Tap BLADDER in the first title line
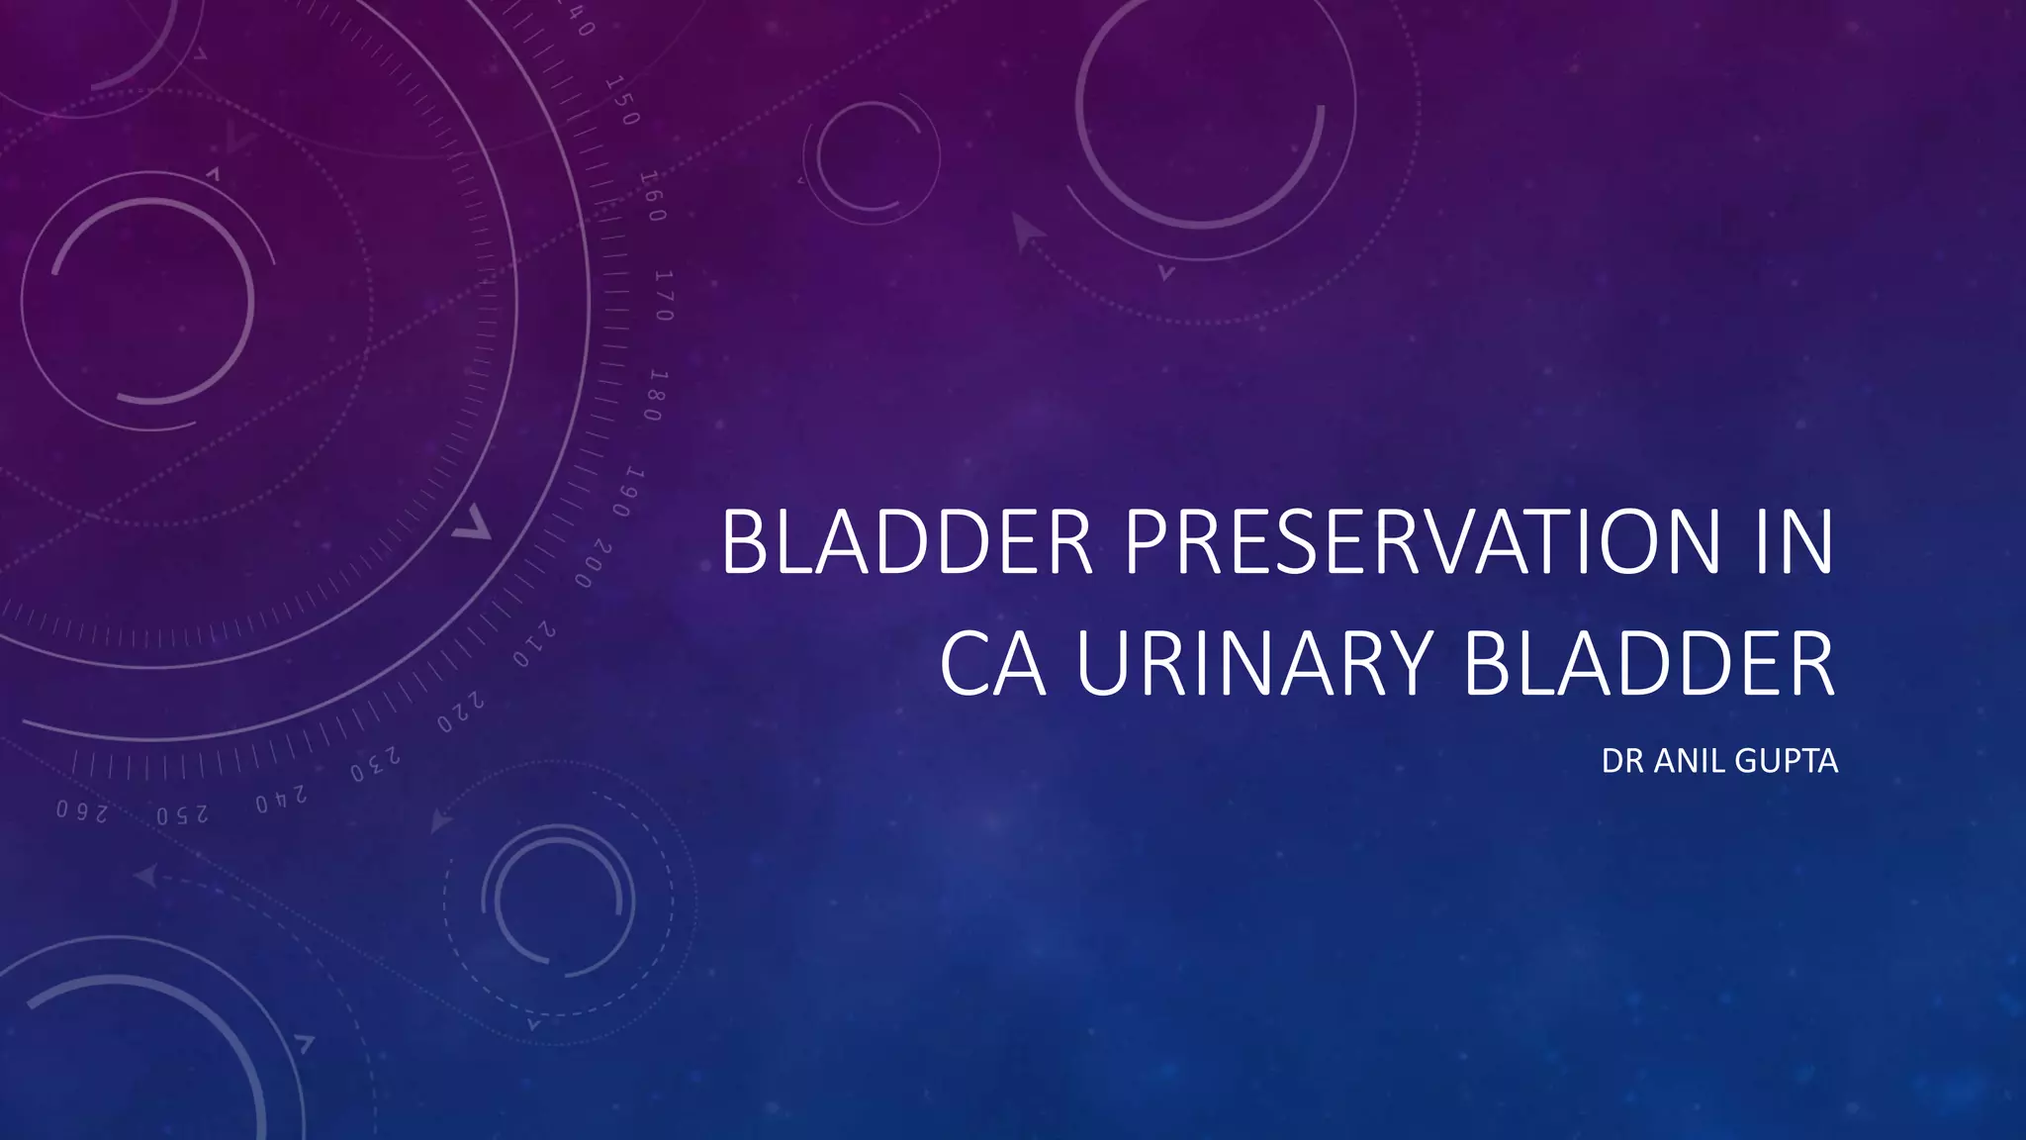(x=907, y=542)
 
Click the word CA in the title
(x=992, y=663)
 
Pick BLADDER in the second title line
(x=1648, y=663)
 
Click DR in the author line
(x=1622, y=761)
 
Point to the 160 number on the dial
(x=652, y=196)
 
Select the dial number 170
(x=664, y=295)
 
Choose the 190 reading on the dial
(x=627, y=492)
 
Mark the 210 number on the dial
(x=534, y=645)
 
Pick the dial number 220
(x=461, y=712)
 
